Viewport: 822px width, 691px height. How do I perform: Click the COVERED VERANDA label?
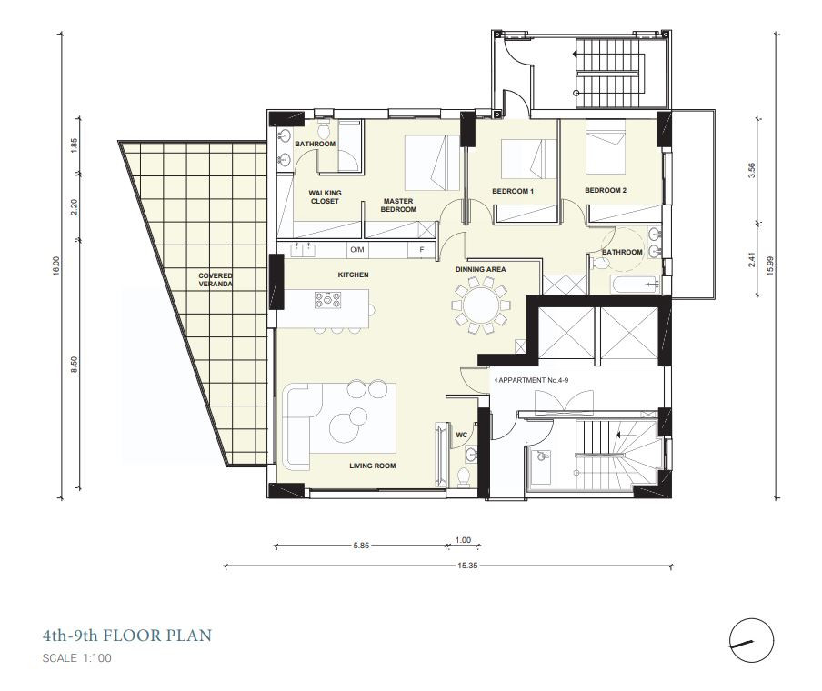[x=216, y=279]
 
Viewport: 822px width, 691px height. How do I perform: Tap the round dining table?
[x=481, y=305]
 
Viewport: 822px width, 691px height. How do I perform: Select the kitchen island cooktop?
[x=327, y=300]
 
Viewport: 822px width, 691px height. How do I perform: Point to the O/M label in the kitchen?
[x=357, y=250]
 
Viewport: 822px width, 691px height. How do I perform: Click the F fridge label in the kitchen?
[x=422, y=250]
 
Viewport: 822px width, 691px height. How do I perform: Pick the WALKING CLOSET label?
[x=325, y=196]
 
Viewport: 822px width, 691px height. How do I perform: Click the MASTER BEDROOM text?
[x=398, y=205]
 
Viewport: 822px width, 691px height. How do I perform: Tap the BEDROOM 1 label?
[x=513, y=191]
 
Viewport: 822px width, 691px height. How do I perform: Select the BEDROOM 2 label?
[x=606, y=190]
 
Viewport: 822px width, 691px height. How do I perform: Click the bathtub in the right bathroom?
[x=635, y=284]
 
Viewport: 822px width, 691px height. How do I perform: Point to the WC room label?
[x=461, y=436]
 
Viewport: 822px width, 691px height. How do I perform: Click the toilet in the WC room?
[x=464, y=477]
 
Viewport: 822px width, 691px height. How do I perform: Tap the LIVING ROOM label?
[x=373, y=466]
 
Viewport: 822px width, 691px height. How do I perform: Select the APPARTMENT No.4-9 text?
[x=533, y=380]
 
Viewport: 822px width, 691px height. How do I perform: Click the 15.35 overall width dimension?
[x=467, y=566]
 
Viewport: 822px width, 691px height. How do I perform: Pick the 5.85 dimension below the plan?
[x=361, y=546]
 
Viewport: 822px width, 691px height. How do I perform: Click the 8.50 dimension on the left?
[x=74, y=365]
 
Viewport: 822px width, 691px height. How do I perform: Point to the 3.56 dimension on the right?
[x=752, y=171]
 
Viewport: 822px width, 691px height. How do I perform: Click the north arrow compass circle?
[x=752, y=640]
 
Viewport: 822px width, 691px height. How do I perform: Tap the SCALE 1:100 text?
[x=77, y=658]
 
